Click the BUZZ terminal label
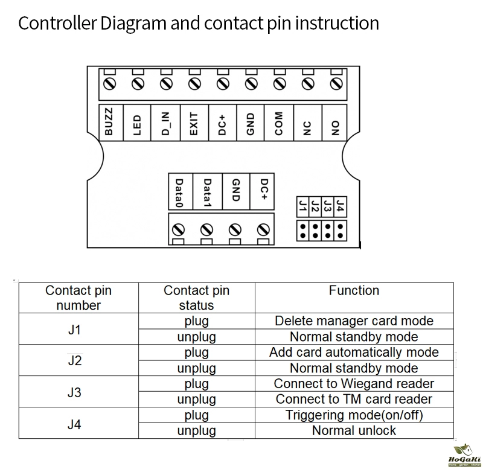(x=109, y=123)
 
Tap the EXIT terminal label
(x=194, y=123)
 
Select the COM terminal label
(x=279, y=123)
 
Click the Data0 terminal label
(x=179, y=193)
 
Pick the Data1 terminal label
(x=207, y=193)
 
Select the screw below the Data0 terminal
(x=179, y=230)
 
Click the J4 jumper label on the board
(x=341, y=206)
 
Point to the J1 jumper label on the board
(x=302, y=206)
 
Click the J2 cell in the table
(x=74, y=360)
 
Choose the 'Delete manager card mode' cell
(x=354, y=321)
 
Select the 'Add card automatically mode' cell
(x=354, y=352)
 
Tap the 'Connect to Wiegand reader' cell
(x=354, y=384)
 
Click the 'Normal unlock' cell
(x=354, y=430)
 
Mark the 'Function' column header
(x=354, y=291)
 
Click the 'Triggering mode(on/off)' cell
(x=354, y=415)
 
